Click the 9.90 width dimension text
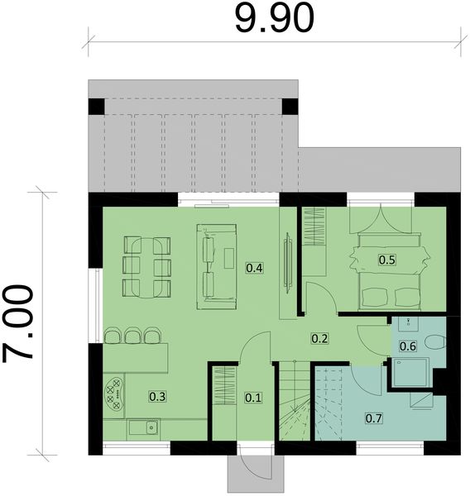tap(274, 17)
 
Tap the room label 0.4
tap(255, 268)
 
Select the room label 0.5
tap(386, 260)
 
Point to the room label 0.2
tap(319, 338)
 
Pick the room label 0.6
tap(408, 346)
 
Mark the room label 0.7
tap(374, 418)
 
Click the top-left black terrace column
tap(97, 107)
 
